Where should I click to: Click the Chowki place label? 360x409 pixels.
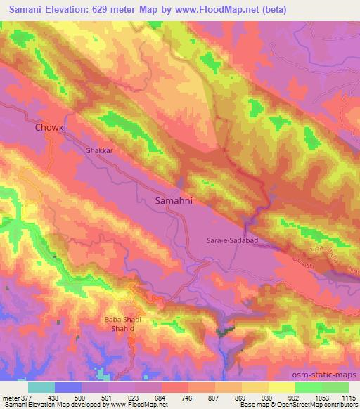pyautogui.click(x=50, y=128)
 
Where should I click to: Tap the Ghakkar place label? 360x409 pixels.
pyautogui.click(x=98, y=150)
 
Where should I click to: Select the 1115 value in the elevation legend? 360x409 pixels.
pyautogui.click(x=349, y=397)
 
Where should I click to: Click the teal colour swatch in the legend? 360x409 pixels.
pyautogui.click(x=41, y=387)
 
